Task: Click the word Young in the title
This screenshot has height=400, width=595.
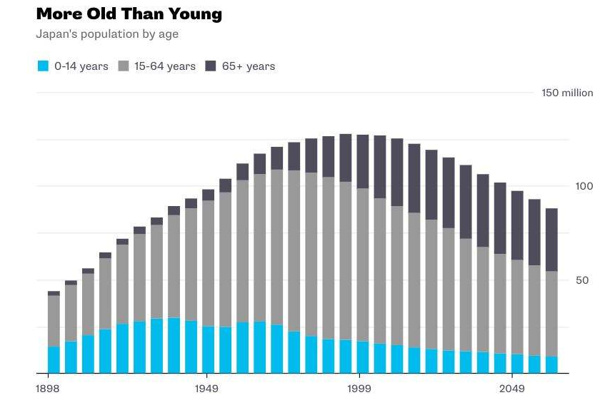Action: click(195, 14)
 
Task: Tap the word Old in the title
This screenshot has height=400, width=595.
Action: click(101, 14)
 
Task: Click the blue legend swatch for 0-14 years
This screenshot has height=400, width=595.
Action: click(44, 66)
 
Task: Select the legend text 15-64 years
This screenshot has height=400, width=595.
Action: click(165, 66)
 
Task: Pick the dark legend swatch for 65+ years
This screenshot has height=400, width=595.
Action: click(211, 66)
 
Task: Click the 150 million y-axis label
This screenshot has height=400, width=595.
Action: click(567, 93)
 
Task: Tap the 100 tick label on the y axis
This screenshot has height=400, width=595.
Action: click(584, 186)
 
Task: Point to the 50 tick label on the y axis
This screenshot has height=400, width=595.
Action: click(582, 280)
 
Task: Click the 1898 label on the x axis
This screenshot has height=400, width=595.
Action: click(48, 389)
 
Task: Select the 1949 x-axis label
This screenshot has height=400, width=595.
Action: click(206, 389)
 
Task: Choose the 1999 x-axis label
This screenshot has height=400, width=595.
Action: click(359, 389)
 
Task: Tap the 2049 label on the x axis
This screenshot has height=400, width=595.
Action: click(512, 389)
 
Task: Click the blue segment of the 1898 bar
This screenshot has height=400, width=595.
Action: click(54, 360)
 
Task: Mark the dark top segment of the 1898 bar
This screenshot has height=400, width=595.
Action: click(54, 293)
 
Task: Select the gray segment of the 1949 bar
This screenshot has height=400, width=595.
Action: click(209, 263)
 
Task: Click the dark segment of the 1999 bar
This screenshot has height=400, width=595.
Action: click(363, 162)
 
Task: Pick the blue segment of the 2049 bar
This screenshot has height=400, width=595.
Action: click(517, 364)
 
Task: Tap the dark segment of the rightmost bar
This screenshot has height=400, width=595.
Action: click(551, 240)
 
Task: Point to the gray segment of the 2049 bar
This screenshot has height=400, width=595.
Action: click(517, 307)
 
